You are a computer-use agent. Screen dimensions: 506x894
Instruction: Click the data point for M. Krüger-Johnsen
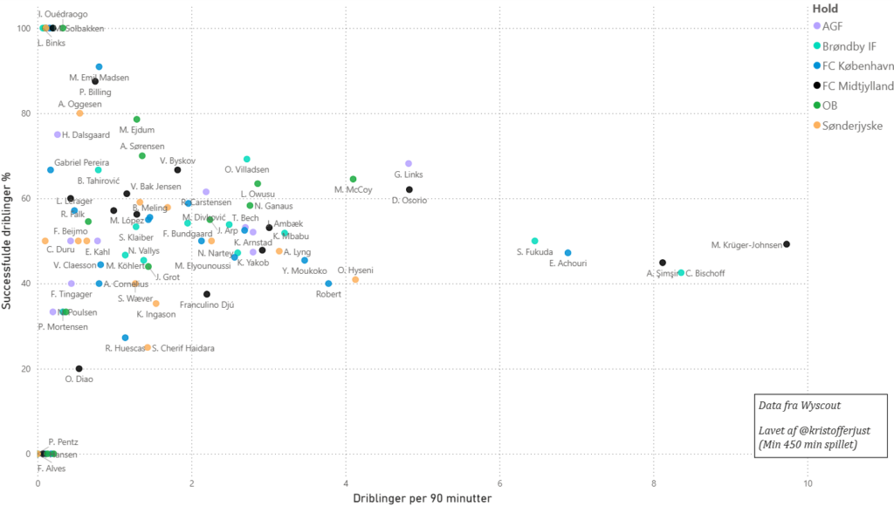pyautogui.click(x=787, y=244)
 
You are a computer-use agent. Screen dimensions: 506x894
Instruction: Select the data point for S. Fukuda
pyautogui.click(x=535, y=241)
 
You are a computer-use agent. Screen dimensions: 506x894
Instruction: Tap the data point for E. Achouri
pyautogui.click(x=567, y=253)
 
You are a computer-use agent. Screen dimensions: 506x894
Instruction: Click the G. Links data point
pyautogui.click(x=409, y=164)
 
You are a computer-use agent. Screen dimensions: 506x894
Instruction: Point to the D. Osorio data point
pyautogui.click(x=409, y=189)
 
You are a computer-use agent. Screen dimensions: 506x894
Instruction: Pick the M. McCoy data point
pyautogui.click(x=353, y=179)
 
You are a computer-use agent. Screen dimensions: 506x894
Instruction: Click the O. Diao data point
pyautogui.click(x=79, y=369)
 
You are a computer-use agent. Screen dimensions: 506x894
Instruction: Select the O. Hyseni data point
pyautogui.click(x=355, y=280)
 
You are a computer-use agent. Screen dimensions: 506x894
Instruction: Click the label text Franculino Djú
pyautogui.click(x=206, y=305)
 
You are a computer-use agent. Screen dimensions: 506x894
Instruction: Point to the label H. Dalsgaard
pyautogui.click(x=86, y=134)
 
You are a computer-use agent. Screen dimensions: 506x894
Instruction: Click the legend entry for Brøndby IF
pyautogui.click(x=848, y=46)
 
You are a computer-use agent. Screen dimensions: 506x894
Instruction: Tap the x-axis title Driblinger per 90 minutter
pyautogui.click(x=422, y=499)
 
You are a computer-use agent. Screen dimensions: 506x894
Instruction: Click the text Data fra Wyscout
pyautogui.click(x=799, y=406)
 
